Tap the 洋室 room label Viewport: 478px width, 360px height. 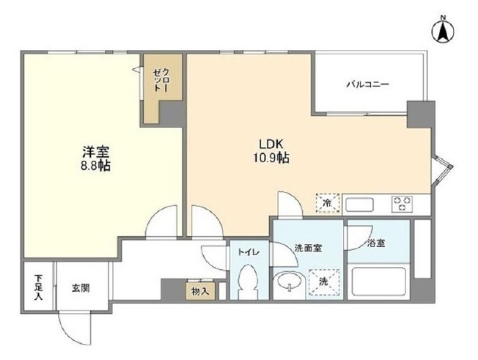pos(96,152)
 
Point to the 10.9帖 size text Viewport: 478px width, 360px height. pos(271,158)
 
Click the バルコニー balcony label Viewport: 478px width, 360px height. pos(367,84)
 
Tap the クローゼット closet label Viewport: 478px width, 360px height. pos(161,80)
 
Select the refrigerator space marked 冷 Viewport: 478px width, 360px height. pos(328,202)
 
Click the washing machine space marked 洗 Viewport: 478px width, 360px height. pos(324,282)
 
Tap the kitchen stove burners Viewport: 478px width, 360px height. pos(402,204)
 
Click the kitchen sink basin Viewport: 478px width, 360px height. pos(360,205)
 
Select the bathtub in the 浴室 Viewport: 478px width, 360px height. pos(379,282)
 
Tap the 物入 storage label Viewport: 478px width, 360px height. pos(200,291)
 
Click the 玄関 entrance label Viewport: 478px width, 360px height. pos(81,287)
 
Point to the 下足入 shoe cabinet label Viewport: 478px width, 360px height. pos(38,287)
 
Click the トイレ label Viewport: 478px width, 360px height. pos(249,252)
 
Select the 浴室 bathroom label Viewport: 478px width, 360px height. pos(376,243)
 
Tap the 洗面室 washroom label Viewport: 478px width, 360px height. pos(309,248)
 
